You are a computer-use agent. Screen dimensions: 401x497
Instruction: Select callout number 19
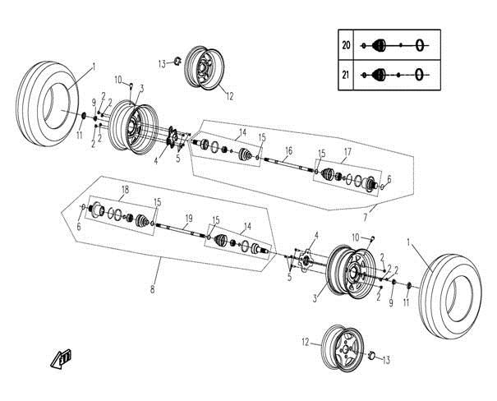[x=188, y=218]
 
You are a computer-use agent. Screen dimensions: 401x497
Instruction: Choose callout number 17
[x=347, y=152]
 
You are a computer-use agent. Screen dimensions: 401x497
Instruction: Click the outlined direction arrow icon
[x=62, y=357]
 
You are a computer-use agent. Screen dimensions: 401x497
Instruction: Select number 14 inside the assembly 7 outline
[x=242, y=131]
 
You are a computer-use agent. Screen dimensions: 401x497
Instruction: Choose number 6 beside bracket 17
[x=389, y=178]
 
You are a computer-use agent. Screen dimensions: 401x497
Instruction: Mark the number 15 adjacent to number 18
[x=157, y=201]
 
